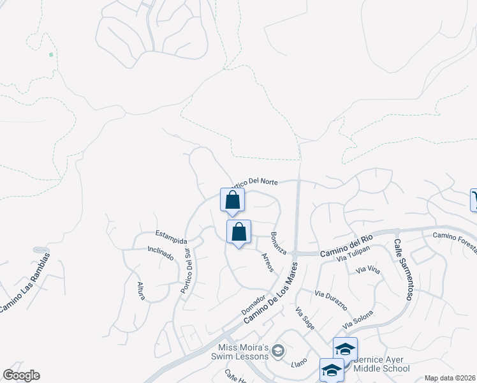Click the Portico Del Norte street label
tap(255, 182)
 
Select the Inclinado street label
tap(160, 253)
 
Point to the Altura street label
tap(140, 290)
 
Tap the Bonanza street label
tap(278, 243)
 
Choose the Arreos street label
tap(268, 262)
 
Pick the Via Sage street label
tap(304, 317)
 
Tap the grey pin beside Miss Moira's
tap(277, 350)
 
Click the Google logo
tap(21, 375)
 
